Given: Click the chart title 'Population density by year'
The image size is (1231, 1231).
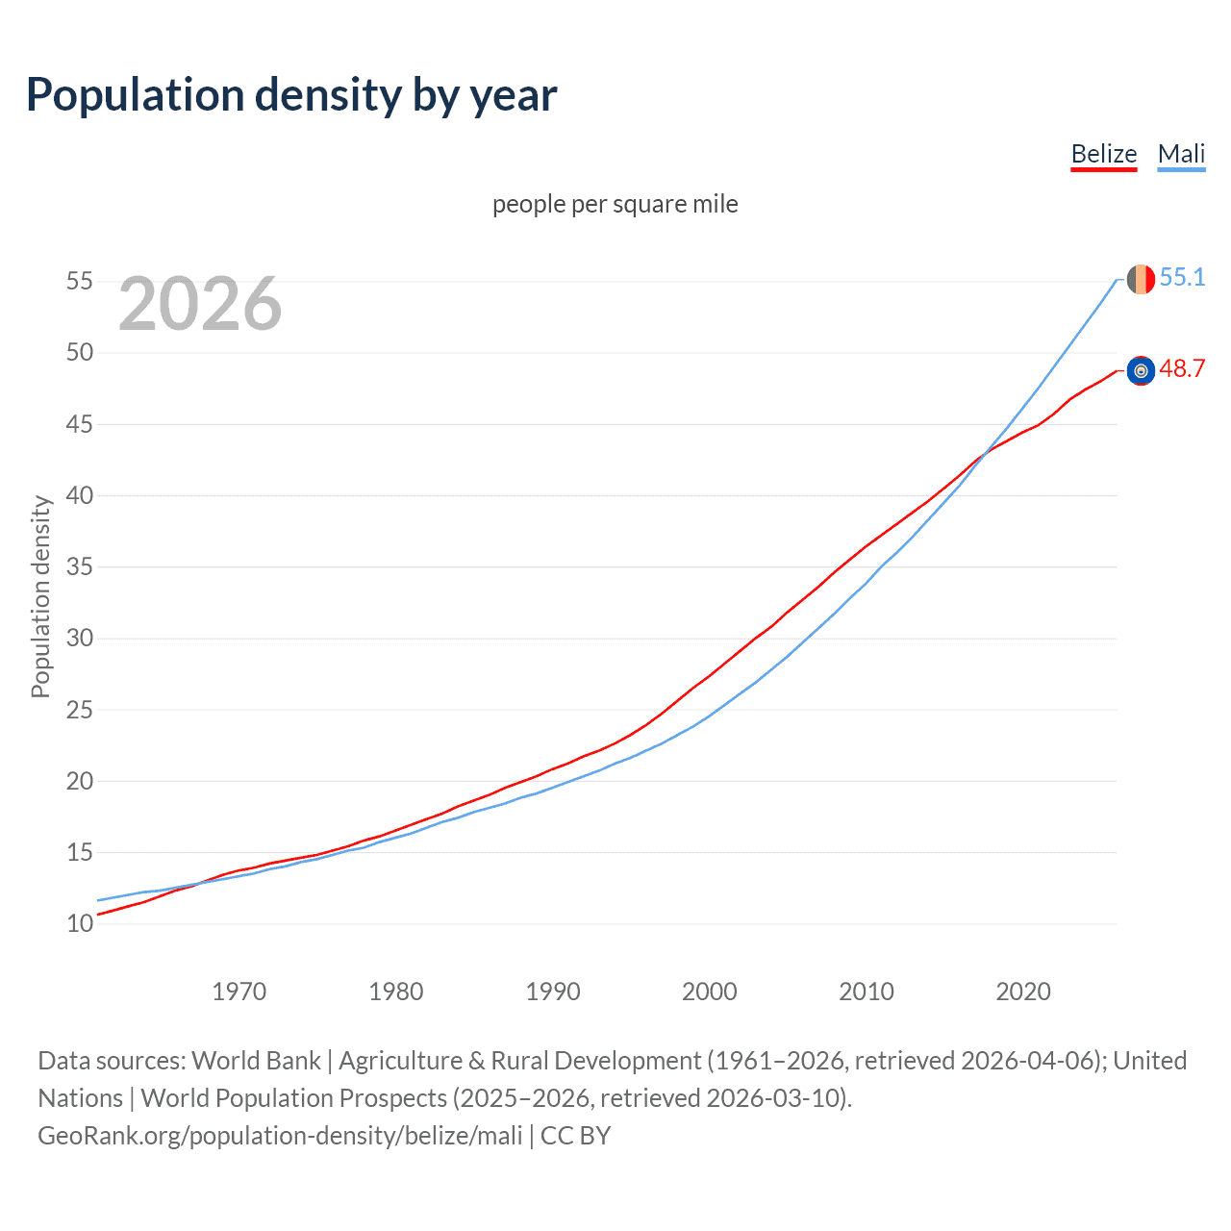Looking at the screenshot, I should tap(291, 95).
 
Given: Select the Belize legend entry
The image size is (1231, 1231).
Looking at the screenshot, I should tap(1104, 154).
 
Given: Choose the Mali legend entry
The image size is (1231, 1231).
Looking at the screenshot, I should tap(1181, 154).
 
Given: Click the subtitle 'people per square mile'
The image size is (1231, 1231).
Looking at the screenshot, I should tap(615, 204).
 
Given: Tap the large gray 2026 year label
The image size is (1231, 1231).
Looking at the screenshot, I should tap(200, 304).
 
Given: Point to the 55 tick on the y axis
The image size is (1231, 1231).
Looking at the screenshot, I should tap(80, 282).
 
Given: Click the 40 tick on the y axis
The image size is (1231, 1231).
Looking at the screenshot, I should tap(80, 496).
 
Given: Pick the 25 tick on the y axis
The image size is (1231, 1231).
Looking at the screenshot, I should tap(80, 711).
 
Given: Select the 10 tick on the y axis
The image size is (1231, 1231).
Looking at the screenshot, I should tap(80, 924).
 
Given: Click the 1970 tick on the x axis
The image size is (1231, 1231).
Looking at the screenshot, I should tap(239, 992).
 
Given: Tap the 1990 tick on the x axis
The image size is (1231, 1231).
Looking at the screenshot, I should tap(553, 992).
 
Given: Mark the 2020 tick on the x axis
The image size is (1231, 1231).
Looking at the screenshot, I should tap(1023, 992).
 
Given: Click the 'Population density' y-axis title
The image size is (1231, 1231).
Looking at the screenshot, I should tap(40, 596).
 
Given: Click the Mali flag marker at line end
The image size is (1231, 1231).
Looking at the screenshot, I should tap(1141, 279).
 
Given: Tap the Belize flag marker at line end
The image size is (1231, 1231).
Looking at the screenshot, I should tap(1141, 370).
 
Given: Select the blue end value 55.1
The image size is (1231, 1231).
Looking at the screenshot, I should tap(1182, 277).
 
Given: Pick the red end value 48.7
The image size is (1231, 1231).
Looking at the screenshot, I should tap(1182, 368).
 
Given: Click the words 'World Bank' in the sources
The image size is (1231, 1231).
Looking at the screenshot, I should tap(256, 1061).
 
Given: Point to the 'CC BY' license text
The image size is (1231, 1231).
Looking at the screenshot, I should tap(575, 1136).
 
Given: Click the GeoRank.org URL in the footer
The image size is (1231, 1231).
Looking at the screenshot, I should tap(280, 1136).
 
